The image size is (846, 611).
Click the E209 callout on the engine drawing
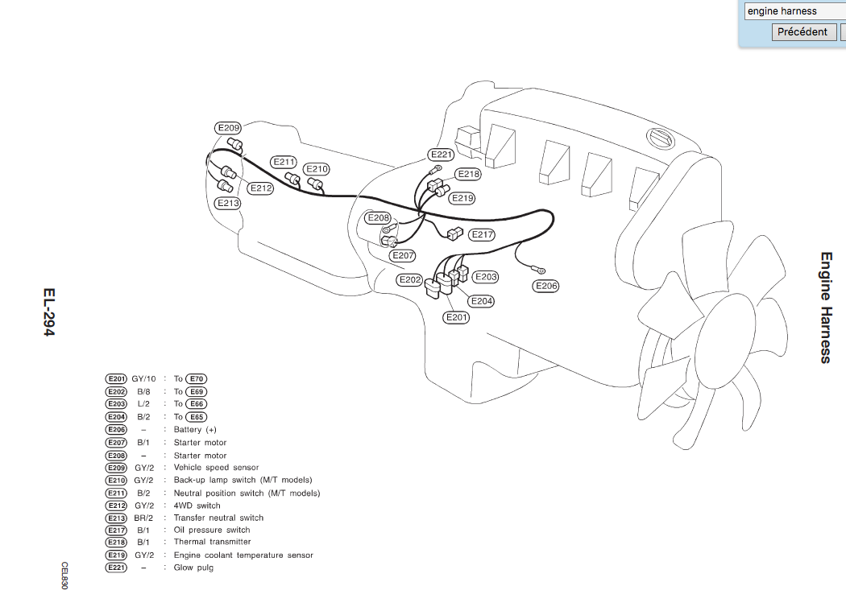(228, 128)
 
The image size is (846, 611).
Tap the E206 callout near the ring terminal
(546, 286)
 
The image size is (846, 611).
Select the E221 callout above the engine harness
(442, 155)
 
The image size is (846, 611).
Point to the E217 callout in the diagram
(482, 234)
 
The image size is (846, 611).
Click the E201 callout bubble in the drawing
(457, 317)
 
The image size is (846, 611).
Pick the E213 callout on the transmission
(227, 204)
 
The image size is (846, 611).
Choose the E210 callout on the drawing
(317, 169)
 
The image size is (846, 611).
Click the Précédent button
(802, 32)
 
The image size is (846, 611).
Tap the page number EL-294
(49, 312)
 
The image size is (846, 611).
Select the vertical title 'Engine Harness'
(826, 308)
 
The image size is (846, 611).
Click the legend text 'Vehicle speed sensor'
(216, 468)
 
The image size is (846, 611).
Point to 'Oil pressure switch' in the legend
(211, 530)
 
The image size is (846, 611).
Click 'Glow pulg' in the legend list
(193, 568)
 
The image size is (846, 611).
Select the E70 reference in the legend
(197, 378)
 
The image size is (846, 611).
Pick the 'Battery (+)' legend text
(195, 430)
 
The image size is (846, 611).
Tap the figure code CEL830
(64, 576)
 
